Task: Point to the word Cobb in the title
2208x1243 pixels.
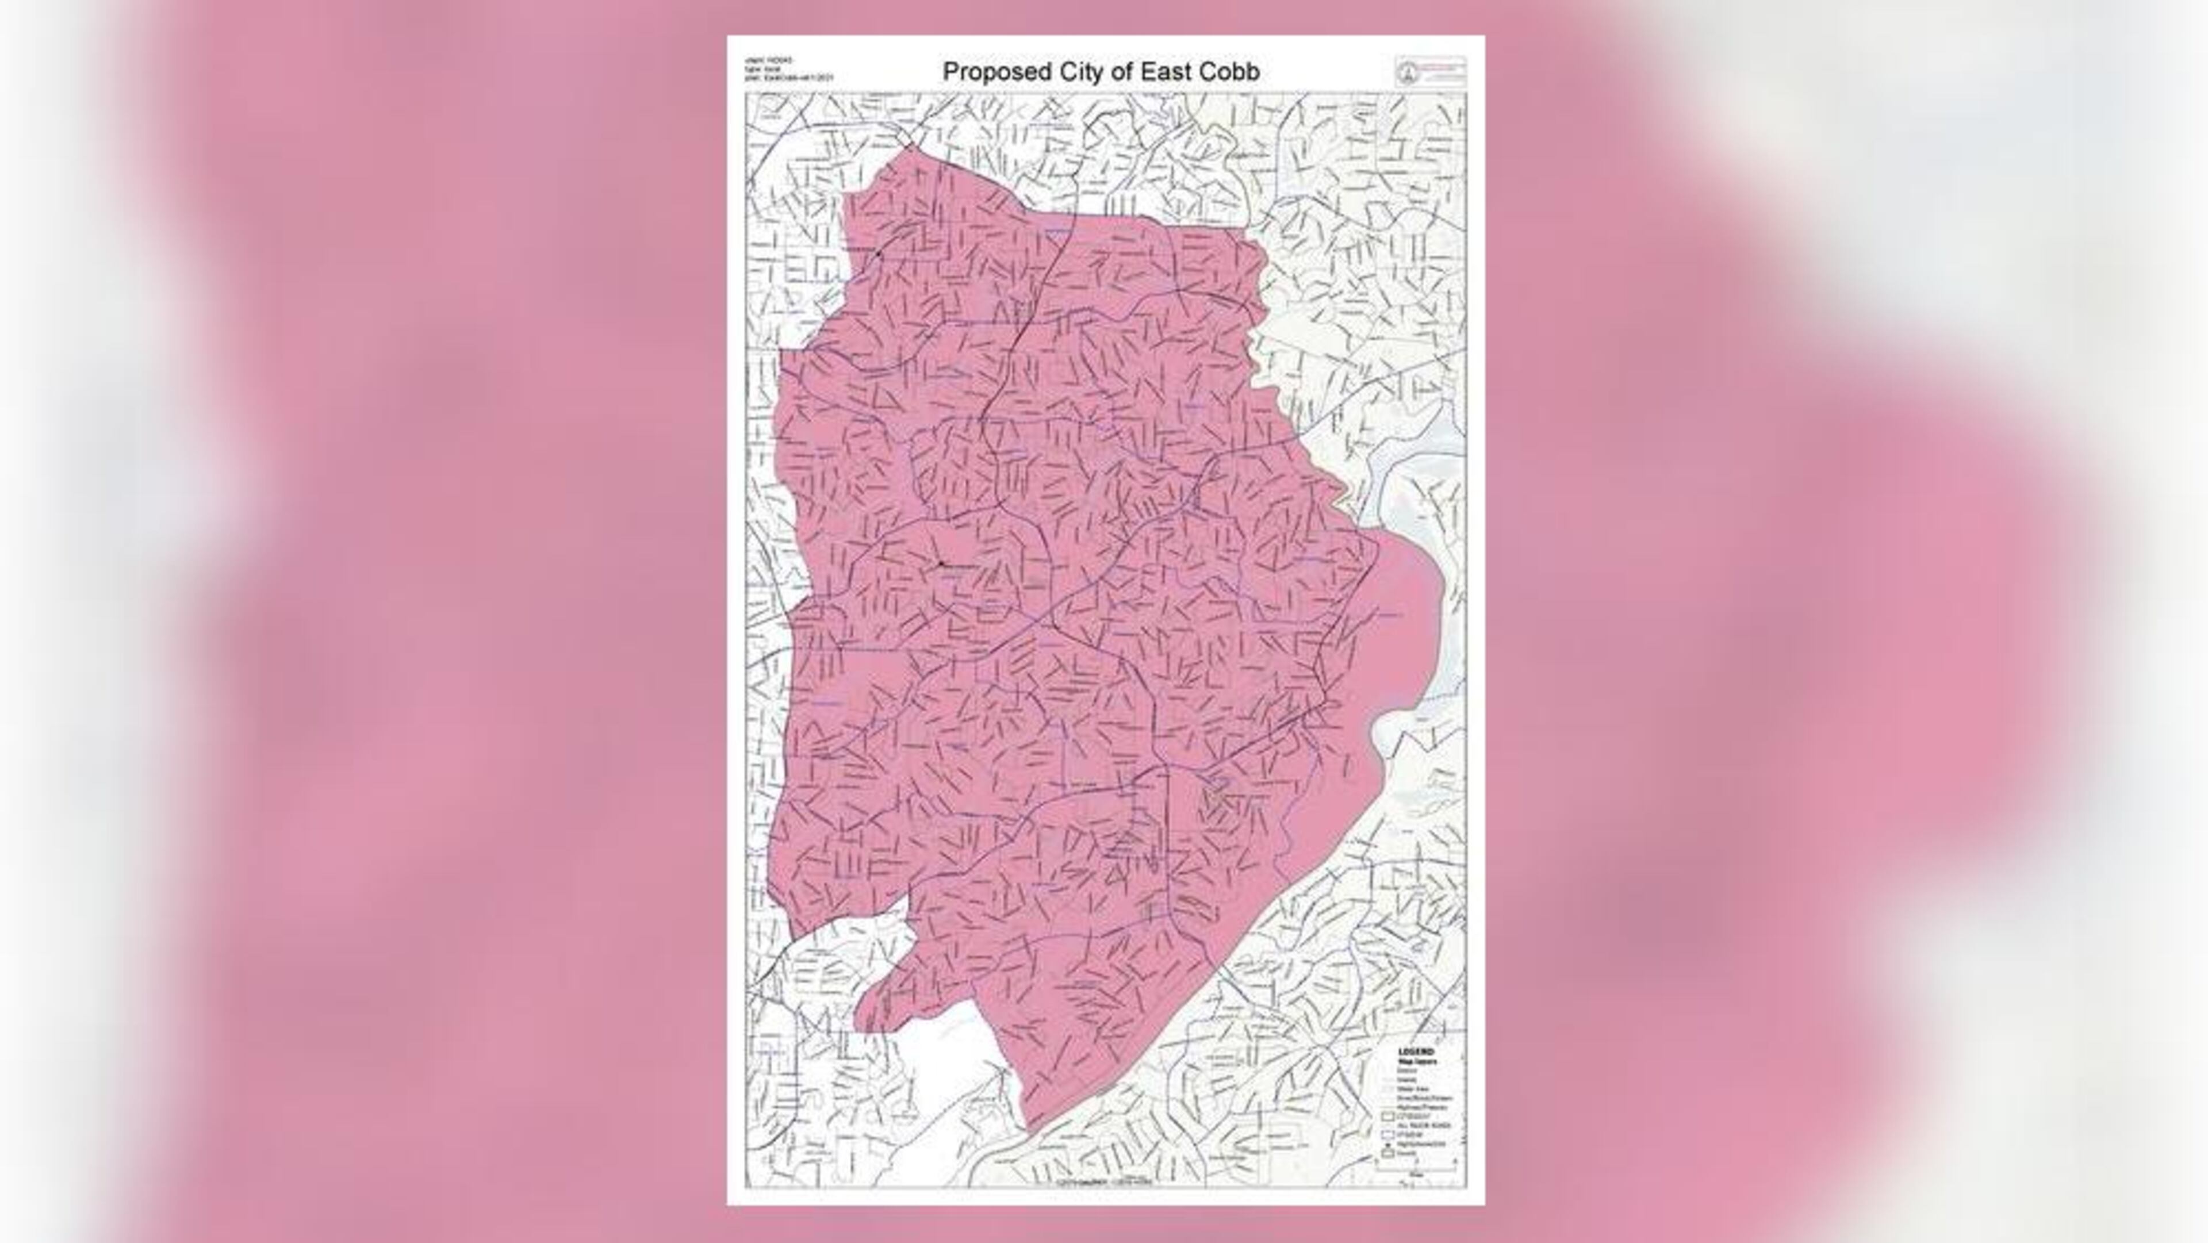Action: (x=1230, y=72)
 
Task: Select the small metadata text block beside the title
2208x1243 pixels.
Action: (x=788, y=68)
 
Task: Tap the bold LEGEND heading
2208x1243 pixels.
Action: (x=1416, y=1052)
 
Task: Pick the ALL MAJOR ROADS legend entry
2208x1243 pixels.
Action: (x=1424, y=1126)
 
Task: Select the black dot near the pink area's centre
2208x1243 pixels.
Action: (x=940, y=563)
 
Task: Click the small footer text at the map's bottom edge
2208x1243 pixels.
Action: (x=1106, y=1181)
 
